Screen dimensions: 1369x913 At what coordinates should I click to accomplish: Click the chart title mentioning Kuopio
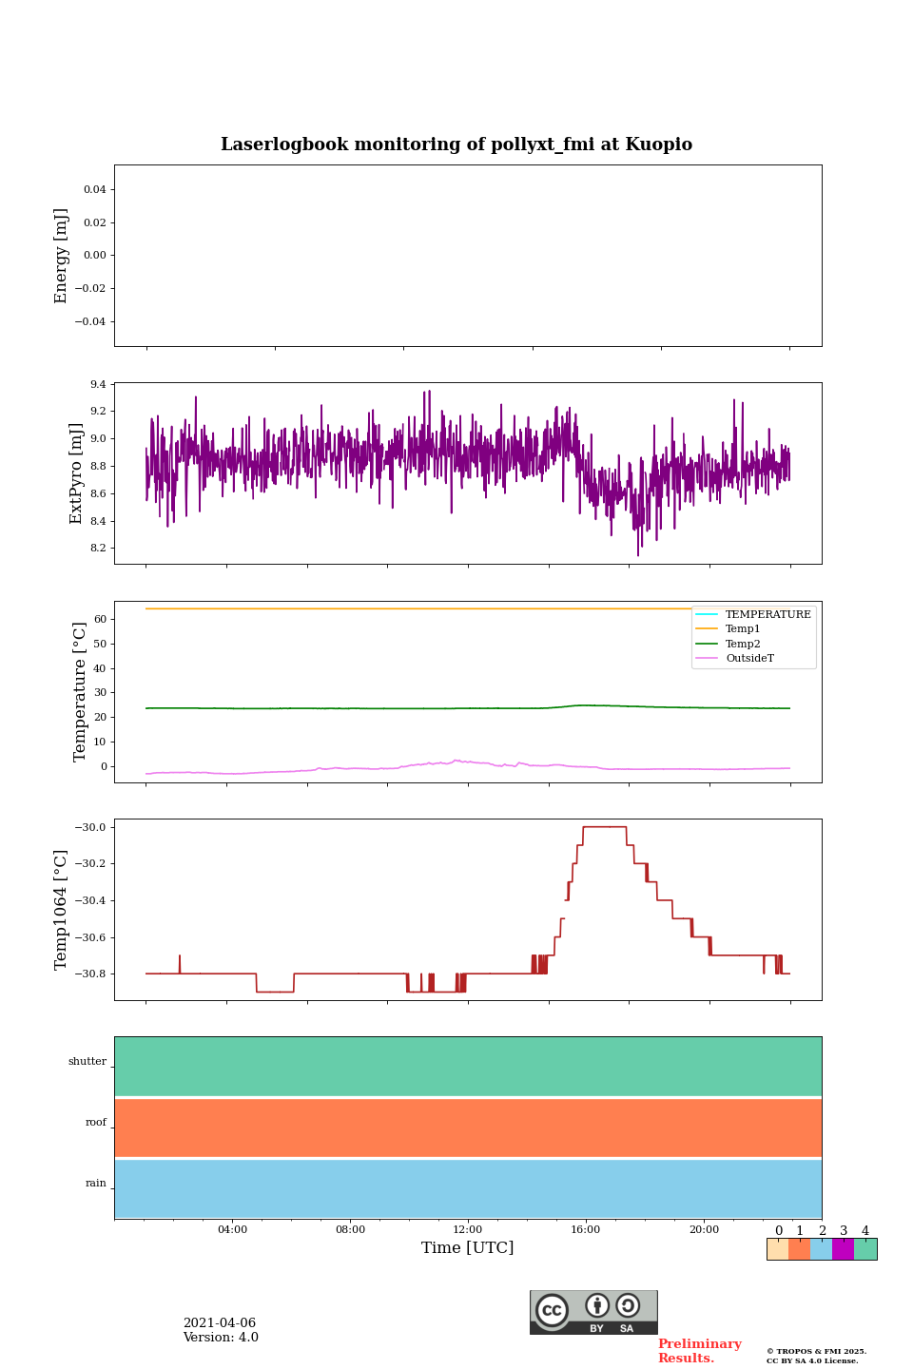tap(456, 145)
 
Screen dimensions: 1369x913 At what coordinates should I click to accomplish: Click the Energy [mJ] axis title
tap(62, 256)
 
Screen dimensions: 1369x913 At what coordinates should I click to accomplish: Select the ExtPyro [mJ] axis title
tap(76, 473)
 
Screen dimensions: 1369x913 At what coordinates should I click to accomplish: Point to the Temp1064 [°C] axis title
tap(62, 910)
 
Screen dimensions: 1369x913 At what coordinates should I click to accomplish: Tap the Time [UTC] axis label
tap(468, 1247)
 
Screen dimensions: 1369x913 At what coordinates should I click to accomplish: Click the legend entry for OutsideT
tap(749, 659)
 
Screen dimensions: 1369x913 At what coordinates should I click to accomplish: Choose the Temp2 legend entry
tap(743, 644)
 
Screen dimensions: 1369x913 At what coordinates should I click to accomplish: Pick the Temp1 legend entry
tap(743, 629)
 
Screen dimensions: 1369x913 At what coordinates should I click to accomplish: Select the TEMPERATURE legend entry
tap(767, 614)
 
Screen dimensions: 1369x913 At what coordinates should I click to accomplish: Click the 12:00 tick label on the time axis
tap(468, 1229)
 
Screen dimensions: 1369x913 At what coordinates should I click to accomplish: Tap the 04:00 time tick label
tap(232, 1229)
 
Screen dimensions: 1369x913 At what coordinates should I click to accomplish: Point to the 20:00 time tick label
tap(704, 1229)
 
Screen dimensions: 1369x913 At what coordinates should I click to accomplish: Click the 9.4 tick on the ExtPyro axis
tap(98, 385)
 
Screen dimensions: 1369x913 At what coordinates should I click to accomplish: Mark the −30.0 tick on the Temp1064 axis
tap(91, 827)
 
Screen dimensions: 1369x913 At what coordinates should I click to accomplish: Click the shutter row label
tap(87, 1062)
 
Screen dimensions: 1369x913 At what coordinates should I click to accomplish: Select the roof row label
tap(96, 1123)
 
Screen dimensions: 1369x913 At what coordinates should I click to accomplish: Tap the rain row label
tap(96, 1184)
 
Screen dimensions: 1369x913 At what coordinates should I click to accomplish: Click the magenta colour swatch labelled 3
tap(843, 1249)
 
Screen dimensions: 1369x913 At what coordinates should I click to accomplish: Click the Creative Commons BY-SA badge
tap(593, 1312)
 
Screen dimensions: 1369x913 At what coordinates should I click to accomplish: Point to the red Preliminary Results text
tap(699, 1351)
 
